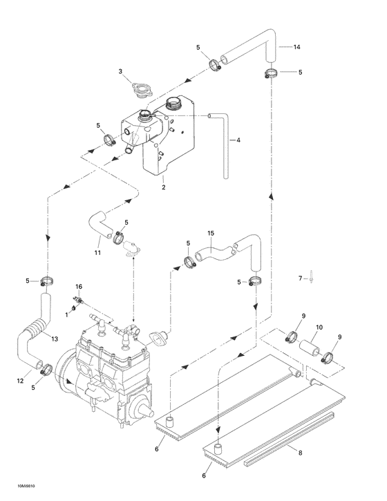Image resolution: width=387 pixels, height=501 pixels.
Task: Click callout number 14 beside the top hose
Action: point(297,47)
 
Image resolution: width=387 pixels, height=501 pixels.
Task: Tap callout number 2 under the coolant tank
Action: point(163,187)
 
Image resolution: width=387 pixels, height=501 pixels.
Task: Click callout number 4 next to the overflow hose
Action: point(238,140)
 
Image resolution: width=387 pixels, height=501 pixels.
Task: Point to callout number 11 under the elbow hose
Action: point(97,253)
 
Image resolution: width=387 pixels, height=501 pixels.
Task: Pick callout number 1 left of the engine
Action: point(66,314)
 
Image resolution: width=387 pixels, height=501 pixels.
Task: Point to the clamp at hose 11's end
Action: point(118,239)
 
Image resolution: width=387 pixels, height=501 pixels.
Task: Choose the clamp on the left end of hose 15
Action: point(189,261)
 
